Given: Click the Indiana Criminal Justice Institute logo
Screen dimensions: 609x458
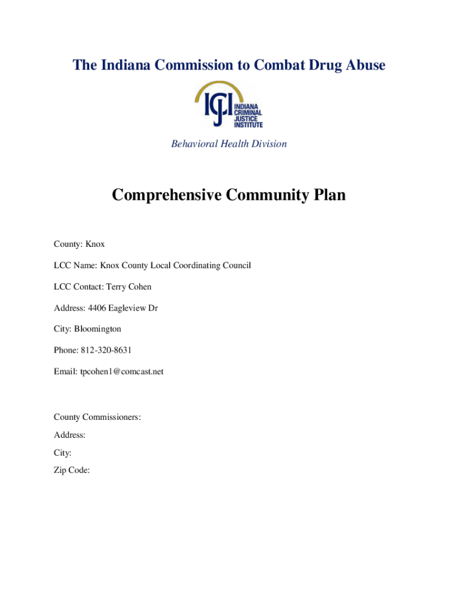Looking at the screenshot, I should tap(229, 105).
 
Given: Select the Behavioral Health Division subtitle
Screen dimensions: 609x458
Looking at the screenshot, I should tap(229, 144).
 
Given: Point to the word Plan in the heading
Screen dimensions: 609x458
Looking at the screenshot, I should tap(327, 195).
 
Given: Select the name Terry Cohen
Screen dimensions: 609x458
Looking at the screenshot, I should tap(129, 287).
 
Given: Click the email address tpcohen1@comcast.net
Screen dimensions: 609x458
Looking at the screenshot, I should tap(122, 372).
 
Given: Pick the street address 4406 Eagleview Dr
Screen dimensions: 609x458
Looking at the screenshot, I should tap(123, 308).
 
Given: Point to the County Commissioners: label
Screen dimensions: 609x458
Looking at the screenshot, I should tap(97, 417).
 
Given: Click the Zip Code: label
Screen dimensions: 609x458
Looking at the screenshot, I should tap(71, 470).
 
